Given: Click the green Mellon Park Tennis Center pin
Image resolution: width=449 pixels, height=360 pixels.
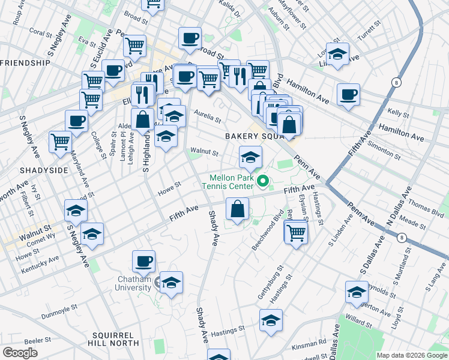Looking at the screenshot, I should point(262,179).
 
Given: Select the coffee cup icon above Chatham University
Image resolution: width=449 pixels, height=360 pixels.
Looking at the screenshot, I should point(143,261).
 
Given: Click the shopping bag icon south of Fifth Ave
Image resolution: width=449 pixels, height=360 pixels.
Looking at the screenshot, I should point(238,210).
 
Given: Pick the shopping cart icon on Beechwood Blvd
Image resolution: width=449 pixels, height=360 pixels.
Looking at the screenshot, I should point(296,232).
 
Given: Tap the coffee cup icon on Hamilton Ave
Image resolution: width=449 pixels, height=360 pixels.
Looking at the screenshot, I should point(348,95).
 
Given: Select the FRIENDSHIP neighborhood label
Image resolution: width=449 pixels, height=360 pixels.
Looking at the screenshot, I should point(25,63).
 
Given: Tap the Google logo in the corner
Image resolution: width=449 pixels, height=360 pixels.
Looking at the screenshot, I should point(20,352).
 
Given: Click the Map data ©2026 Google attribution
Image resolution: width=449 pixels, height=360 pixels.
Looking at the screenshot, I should point(411,355).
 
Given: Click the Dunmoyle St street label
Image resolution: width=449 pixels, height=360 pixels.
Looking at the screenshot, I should point(60,313).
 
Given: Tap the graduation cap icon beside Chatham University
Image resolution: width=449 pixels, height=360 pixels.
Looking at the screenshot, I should point(171,283).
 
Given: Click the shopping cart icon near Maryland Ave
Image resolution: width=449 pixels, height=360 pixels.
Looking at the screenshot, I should point(60,142).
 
